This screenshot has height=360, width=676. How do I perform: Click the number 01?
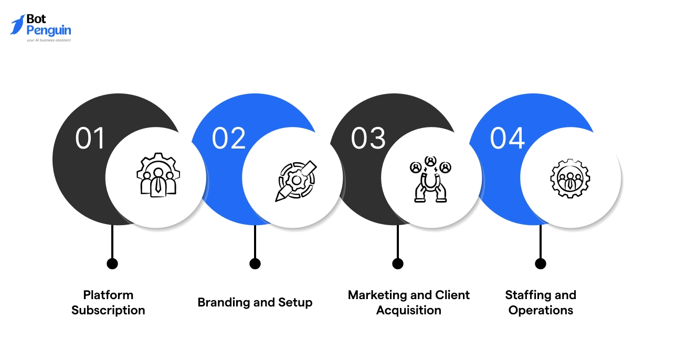click(x=90, y=139)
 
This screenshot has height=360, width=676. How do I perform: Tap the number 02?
click(x=229, y=139)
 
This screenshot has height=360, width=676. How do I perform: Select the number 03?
click(x=368, y=139)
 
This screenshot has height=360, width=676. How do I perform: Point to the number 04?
click(x=507, y=139)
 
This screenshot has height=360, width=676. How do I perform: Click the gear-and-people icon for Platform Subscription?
click(x=158, y=175)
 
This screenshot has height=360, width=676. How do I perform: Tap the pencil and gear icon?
click(x=295, y=181)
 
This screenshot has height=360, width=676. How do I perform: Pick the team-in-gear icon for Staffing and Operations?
click(x=570, y=178)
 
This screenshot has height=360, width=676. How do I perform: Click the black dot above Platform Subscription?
click(x=112, y=263)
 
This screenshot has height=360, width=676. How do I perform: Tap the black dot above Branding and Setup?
click(x=255, y=263)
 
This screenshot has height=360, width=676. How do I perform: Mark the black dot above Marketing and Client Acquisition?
click(x=398, y=263)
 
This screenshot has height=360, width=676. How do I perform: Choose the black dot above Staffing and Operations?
click(x=541, y=263)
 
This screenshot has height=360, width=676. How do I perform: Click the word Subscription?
click(x=108, y=310)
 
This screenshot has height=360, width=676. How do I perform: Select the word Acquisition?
click(x=409, y=310)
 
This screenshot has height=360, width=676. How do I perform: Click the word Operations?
click(x=541, y=310)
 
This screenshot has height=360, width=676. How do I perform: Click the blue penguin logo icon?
click(x=17, y=25)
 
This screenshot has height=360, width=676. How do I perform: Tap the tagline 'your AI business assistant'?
click(x=49, y=40)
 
